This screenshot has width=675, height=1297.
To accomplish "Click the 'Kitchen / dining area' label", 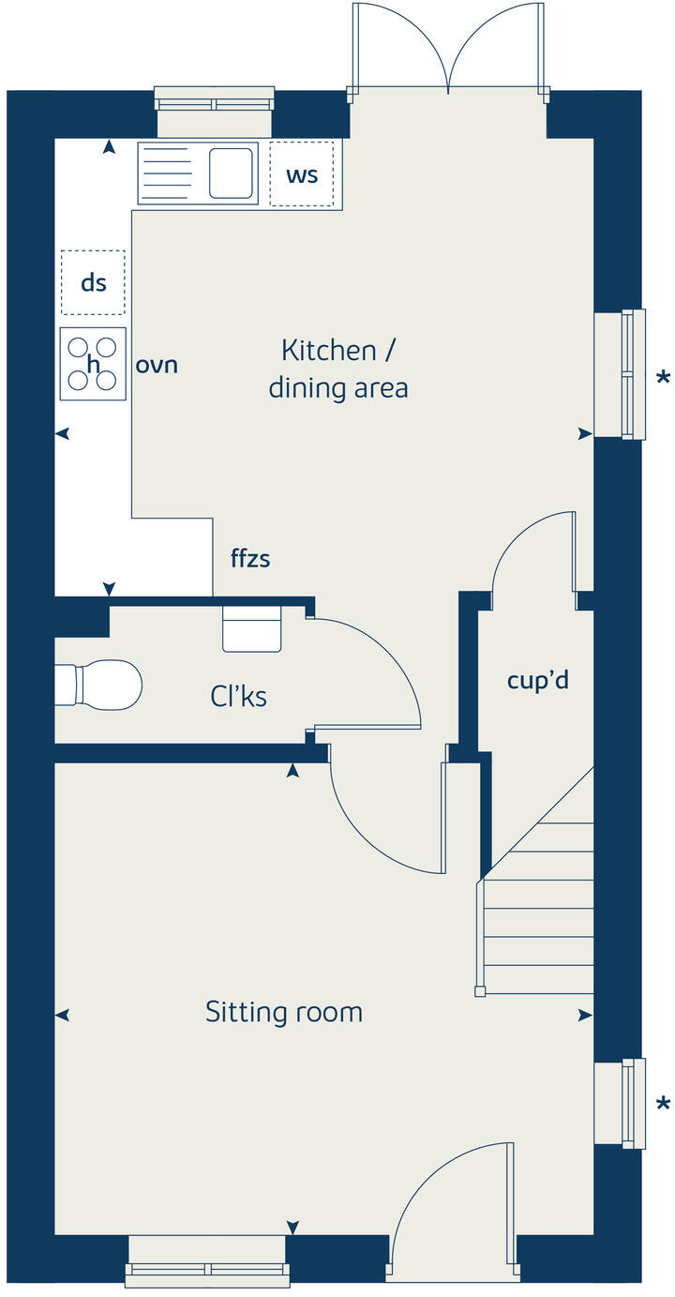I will pyautogui.click(x=337, y=369).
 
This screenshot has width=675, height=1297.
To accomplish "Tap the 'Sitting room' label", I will pyautogui.click(x=283, y=1012).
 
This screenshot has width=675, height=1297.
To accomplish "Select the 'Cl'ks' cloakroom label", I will pyautogui.click(x=239, y=696).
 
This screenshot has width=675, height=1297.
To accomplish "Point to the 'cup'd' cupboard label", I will pyautogui.click(x=537, y=680).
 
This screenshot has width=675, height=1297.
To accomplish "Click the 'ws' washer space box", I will pyautogui.click(x=302, y=174).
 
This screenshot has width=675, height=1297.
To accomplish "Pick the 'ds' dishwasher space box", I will pyautogui.click(x=93, y=282).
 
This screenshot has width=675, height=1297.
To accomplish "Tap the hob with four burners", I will pyautogui.click(x=93, y=364).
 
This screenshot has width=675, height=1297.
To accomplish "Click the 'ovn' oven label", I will pyautogui.click(x=157, y=365).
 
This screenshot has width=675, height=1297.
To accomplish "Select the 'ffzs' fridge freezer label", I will pyautogui.click(x=250, y=559).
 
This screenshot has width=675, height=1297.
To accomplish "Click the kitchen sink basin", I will pyautogui.click(x=231, y=173).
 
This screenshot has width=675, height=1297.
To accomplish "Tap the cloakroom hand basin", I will pyautogui.click(x=251, y=629).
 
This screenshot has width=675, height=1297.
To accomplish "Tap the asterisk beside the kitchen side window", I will pyautogui.click(x=663, y=379).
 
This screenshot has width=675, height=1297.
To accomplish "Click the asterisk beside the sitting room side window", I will pyautogui.click(x=663, y=1105).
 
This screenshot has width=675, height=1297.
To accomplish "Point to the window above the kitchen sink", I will pyautogui.click(x=214, y=98).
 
